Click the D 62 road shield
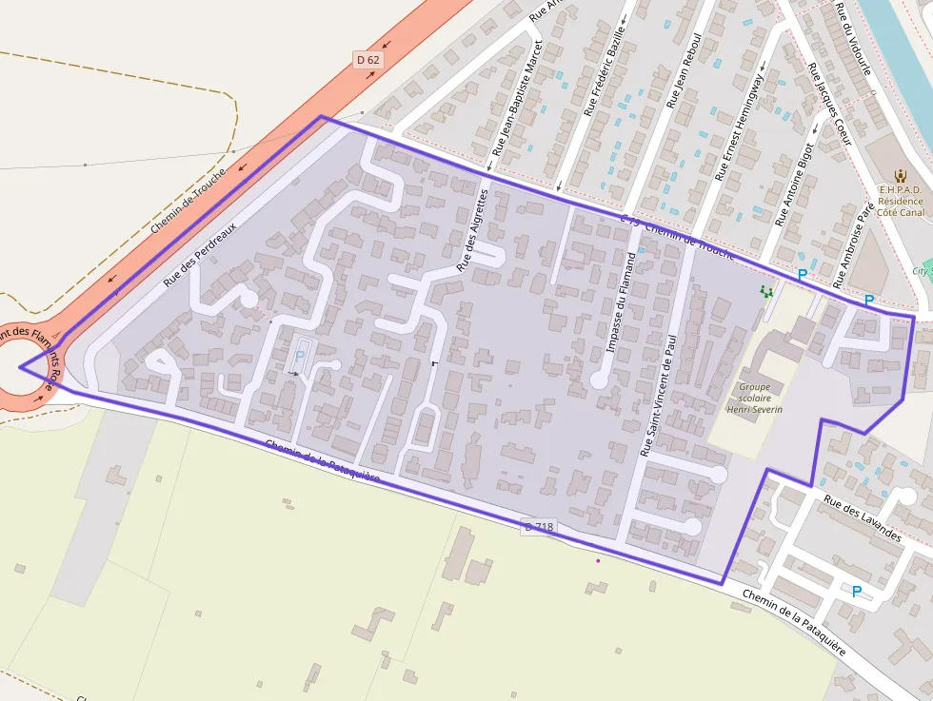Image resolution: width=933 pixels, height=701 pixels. coord(367,60)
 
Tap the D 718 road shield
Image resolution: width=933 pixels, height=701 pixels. coord(538,527)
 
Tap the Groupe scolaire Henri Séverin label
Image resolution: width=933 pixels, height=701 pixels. coord(754,399)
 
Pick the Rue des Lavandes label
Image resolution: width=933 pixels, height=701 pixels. coord(862,519)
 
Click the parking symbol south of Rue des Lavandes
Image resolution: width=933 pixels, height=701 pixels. coord(856,592)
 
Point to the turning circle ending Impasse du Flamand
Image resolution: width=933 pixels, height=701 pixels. coord(599,380)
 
